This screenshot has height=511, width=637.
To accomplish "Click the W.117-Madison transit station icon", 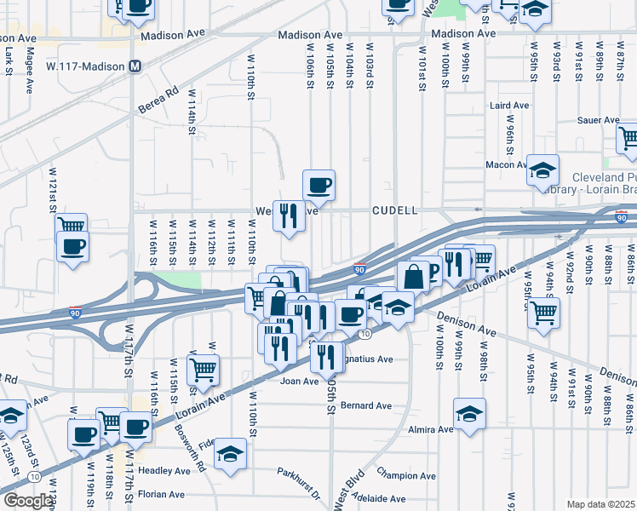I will click(135, 66).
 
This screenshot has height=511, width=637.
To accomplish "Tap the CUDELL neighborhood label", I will click(394, 210).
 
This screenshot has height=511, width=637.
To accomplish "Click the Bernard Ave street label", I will click(365, 405).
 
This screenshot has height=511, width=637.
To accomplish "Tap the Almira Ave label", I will click(431, 430).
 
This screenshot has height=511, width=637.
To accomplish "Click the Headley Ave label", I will click(165, 470).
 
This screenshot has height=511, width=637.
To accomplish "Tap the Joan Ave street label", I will click(299, 381).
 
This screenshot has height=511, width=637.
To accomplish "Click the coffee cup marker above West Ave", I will click(318, 185).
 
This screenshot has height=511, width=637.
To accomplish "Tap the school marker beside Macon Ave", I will click(542, 170).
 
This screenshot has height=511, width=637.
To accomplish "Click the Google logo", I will click(28, 501).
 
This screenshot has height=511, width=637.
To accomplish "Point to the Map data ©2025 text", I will click(600, 504).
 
